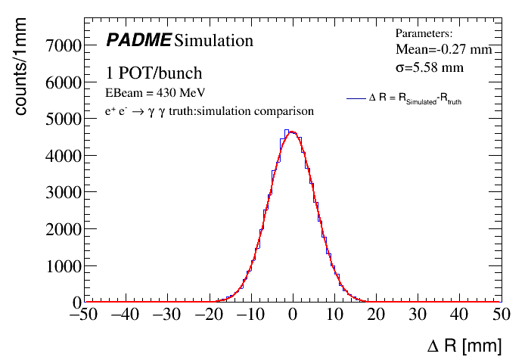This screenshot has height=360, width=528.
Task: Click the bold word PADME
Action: tap(138, 39)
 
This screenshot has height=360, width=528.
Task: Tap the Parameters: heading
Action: tap(424, 33)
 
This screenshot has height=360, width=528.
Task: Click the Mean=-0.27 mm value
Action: tap(443, 49)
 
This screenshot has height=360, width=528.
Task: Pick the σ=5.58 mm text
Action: tap(430, 67)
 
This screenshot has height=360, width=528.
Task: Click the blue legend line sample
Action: tap(356, 98)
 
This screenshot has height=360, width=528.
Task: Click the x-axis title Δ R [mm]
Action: tap(464, 346)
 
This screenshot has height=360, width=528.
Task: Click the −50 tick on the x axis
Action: tap(82, 316)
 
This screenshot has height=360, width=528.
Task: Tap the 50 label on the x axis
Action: tap(499, 316)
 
